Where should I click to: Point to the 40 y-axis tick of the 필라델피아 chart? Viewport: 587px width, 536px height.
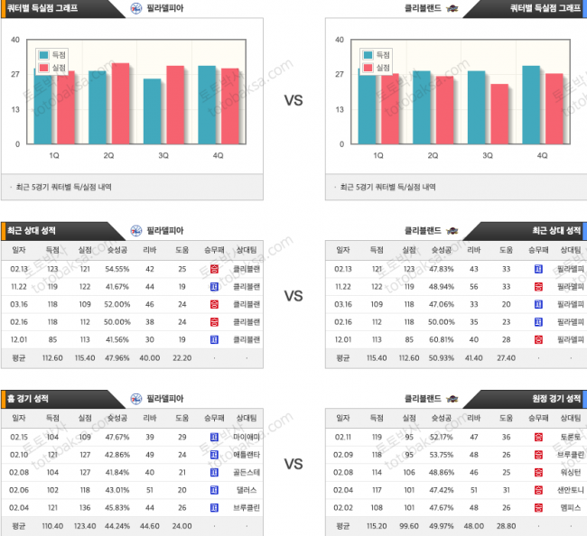[15, 40]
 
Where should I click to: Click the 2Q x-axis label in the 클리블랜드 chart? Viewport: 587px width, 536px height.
[433, 155]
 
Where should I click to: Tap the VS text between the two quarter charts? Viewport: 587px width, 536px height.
[293, 101]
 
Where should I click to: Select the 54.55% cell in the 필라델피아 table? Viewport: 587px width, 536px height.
[117, 269]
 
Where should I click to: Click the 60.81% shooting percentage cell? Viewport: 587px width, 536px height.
[441, 339]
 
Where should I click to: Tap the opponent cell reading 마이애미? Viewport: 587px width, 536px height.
[246, 437]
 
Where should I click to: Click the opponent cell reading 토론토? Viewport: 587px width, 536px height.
[571, 437]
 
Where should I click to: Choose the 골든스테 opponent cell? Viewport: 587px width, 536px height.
[246, 472]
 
